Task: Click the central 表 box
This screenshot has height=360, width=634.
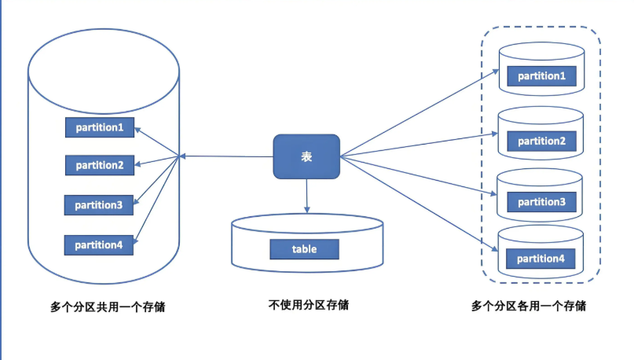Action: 306,156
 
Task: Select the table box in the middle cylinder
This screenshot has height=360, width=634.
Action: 304,249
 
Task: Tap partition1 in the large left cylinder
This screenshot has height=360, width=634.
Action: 99,127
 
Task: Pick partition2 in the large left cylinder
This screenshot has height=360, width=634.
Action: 99,165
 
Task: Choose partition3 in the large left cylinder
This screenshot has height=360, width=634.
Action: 99,205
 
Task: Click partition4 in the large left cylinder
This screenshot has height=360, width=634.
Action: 99,244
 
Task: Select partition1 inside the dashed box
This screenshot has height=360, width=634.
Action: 541,76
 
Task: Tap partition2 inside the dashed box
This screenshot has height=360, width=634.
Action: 541,141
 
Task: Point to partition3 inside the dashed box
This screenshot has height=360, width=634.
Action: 541,202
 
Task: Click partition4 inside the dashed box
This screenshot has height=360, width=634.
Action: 541,259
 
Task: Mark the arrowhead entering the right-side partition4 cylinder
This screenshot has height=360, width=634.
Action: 497,249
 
